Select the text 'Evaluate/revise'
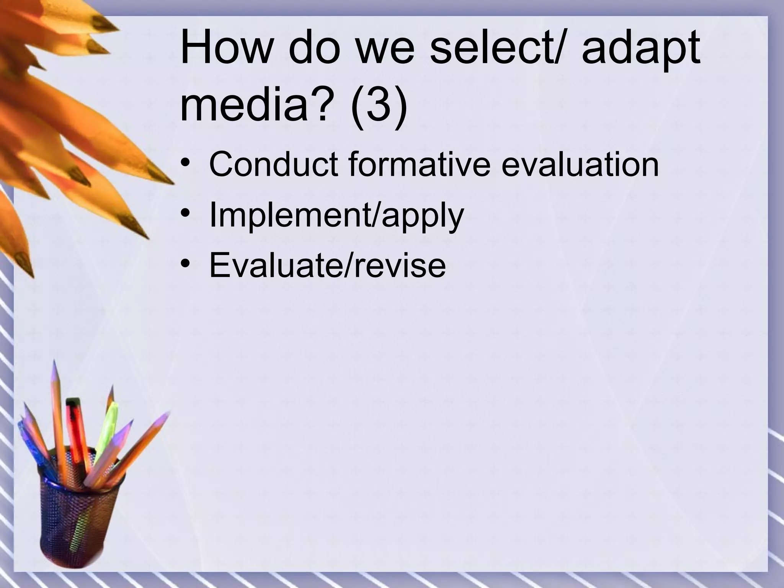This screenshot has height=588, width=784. point(327,265)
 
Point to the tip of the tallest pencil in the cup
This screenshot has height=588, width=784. point(54,362)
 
